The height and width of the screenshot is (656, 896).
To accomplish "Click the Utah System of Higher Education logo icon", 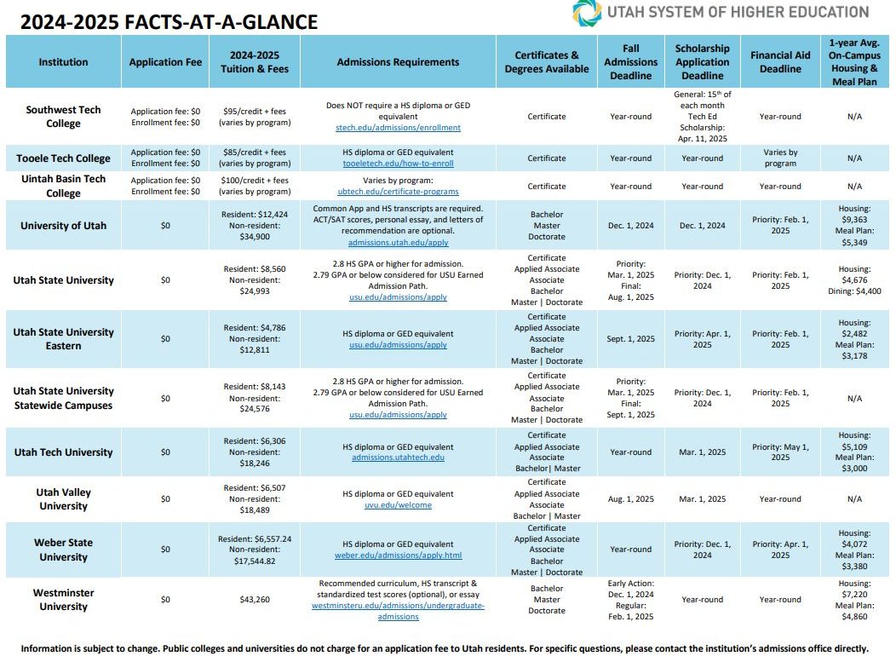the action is click(x=587, y=13).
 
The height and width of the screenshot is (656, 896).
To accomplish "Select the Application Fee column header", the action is click(x=165, y=62).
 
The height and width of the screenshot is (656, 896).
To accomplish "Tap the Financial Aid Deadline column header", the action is click(x=780, y=61).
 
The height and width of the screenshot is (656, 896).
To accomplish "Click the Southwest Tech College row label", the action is click(x=63, y=117).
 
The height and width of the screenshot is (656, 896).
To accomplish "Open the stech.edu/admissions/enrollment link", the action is click(x=398, y=128).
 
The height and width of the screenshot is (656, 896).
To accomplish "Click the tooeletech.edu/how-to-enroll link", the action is click(x=398, y=164).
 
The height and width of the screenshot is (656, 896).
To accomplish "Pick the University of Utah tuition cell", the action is click(x=255, y=225).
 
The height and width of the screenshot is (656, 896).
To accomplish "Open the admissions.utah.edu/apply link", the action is click(x=398, y=243).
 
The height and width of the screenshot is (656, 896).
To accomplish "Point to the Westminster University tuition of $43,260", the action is click(x=255, y=600).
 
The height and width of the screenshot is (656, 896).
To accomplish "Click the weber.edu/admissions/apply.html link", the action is click(x=398, y=555).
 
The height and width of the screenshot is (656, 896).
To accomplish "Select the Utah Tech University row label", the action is click(x=63, y=452).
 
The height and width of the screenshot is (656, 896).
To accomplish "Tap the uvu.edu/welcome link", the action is click(x=398, y=505).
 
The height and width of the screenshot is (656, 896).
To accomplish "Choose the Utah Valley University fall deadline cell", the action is click(x=631, y=499).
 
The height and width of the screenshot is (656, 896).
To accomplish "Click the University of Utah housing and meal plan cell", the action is click(x=854, y=225).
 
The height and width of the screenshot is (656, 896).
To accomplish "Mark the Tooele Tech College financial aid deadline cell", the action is click(x=780, y=158).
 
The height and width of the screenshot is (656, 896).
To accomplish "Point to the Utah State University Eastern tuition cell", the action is click(x=255, y=339).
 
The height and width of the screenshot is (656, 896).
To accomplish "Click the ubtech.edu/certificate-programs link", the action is click(x=398, y=192).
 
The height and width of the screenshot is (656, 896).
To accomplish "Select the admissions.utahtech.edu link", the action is click(x=398, y=457).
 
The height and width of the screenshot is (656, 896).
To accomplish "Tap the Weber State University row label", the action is click(x=63, y=550).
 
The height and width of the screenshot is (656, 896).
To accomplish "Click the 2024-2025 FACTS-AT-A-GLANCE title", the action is click(x=169, y=21).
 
